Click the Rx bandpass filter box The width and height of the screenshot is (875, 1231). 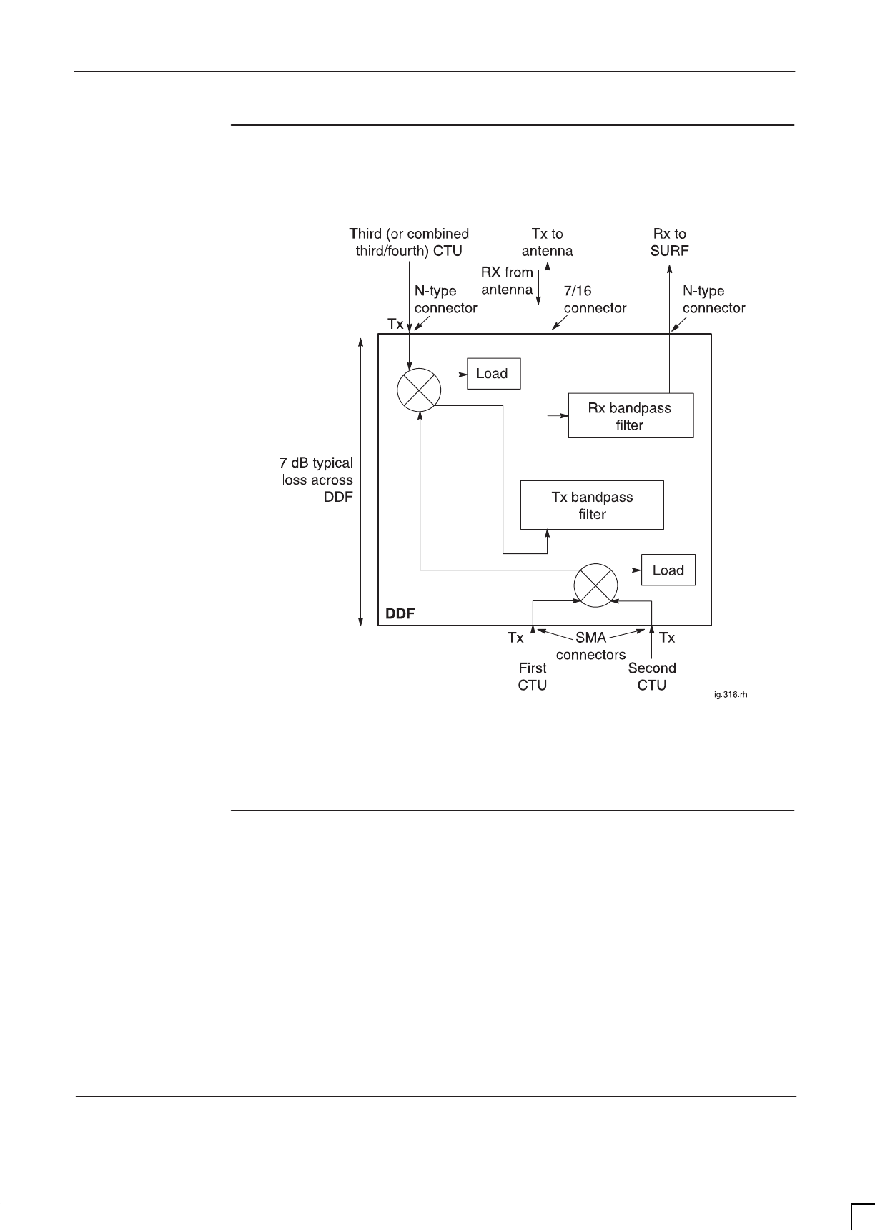[x=630, y=415]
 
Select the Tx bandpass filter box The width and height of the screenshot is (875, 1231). [x=592, y=505]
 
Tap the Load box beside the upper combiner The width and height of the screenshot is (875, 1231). [x=493, y=374]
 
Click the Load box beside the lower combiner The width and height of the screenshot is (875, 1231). [x=668, y=570]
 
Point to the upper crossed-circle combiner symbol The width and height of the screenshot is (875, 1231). [x=419, y=390]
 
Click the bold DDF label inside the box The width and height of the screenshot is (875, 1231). [x=400, y=614]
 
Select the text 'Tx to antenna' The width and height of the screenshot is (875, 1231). [x=547, y=242]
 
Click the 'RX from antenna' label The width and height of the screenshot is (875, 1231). [x=507, y=281]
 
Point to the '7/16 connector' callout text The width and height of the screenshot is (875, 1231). [x=595, y=300]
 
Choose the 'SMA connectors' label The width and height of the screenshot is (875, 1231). [x=590, y=646]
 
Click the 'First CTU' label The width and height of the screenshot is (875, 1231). [x=532, y=676]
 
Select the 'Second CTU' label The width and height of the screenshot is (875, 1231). [x=652, y=676]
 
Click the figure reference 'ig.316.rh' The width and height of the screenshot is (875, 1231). [x=730, y=693]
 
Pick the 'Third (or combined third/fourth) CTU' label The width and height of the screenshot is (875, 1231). [x=409, y=242]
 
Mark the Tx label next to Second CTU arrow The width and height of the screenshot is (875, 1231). [x=666, y=638]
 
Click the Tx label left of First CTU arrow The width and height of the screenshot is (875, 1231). [x=515, y=638]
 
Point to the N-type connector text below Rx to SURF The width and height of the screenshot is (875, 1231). [x=713, y=300]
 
